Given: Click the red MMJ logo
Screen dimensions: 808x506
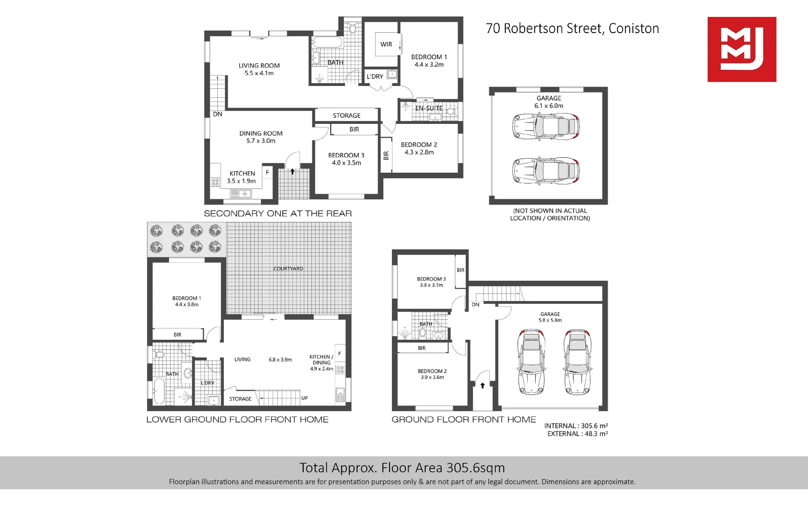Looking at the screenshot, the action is pos(742,49).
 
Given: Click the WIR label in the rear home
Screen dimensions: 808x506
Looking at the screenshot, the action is pos(386,44).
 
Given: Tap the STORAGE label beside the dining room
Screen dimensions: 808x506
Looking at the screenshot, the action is pos(347,115).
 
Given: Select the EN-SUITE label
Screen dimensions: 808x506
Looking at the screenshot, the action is pos(429,108).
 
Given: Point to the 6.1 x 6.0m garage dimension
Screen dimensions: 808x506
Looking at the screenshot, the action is pos(549,106).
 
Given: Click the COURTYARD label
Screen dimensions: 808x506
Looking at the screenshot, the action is pos(288,268).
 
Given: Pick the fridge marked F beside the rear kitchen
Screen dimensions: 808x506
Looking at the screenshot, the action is pos(267,172).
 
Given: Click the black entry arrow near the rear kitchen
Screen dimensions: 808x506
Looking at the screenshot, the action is pos(292,171).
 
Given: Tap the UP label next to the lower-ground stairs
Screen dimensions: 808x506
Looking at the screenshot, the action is pos(305,398).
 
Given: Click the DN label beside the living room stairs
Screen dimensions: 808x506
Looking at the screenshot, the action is pos(217,114).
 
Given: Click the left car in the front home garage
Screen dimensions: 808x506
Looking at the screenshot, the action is pos(531,362).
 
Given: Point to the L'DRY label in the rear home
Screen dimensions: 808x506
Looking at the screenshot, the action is pos(375,76).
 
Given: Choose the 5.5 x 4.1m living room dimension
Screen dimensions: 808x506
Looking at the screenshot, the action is pos(259,73).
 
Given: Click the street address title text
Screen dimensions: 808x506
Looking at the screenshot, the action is pos(572,28).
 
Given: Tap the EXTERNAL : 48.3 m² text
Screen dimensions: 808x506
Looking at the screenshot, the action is pos(577,434).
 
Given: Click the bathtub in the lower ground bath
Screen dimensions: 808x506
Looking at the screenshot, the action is pos(159,391).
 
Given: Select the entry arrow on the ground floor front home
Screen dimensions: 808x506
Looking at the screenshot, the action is pos(482,385).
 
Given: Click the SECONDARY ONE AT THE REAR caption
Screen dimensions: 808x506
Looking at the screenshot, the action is pos(278,213).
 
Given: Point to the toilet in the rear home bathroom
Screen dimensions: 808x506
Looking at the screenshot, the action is pos(352,28).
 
